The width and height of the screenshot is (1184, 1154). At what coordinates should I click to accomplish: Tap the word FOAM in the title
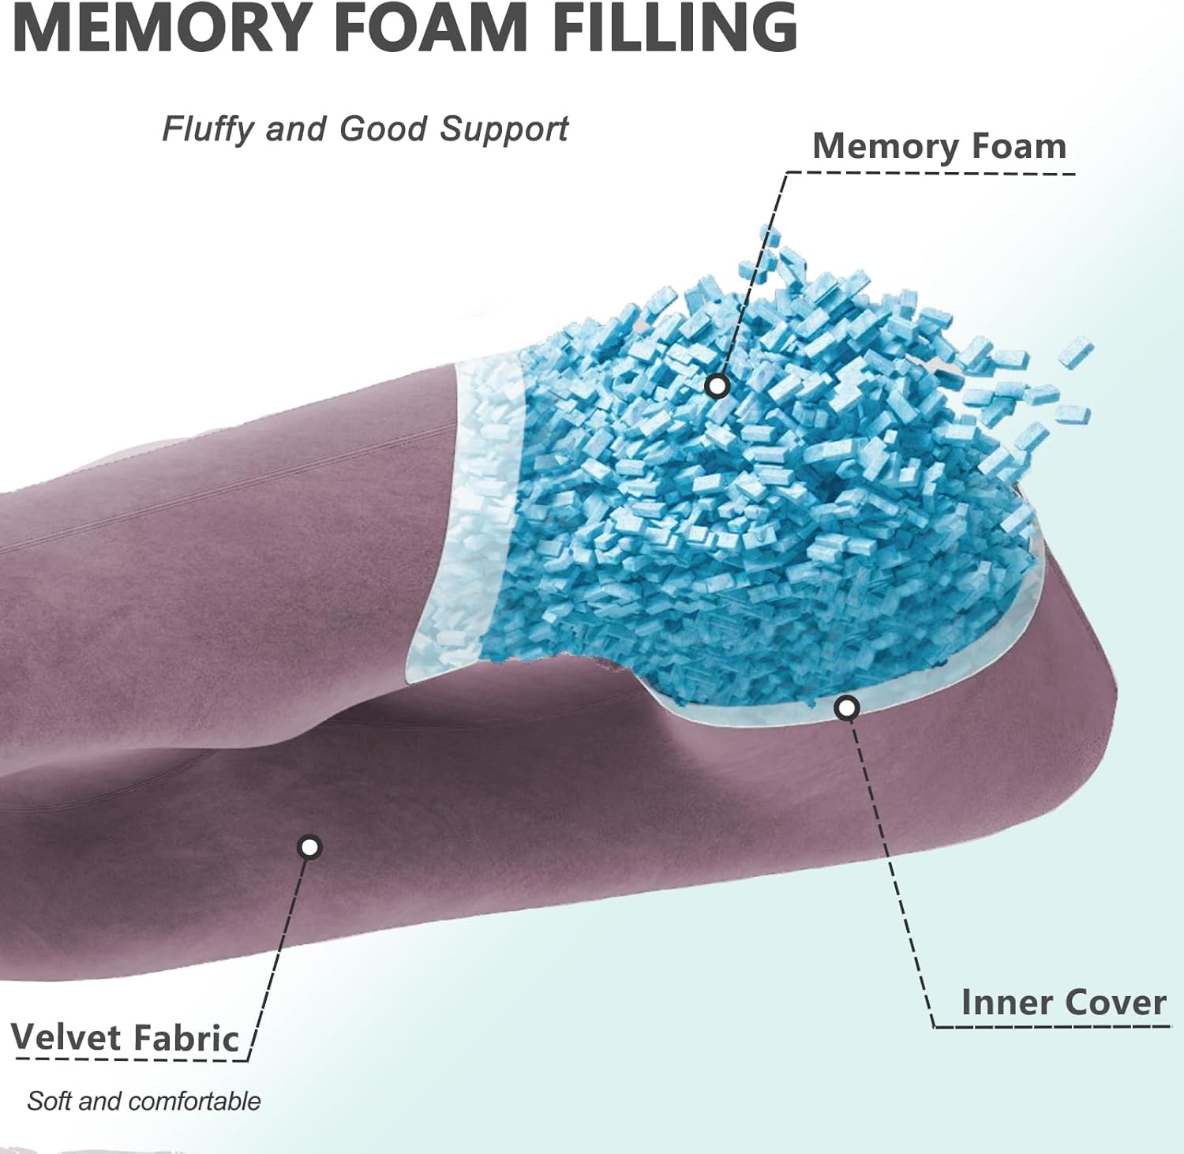pos(431,28)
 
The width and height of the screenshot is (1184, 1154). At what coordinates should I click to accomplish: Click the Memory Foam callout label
pos(939,146)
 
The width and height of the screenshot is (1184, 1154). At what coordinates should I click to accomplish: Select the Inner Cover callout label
pos(1063,1002)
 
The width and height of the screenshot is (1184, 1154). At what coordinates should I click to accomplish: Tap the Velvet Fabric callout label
pos(125,1037)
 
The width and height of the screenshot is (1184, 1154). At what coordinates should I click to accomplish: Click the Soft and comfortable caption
pos(144,1100)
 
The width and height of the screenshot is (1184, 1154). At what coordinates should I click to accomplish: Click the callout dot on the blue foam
pos(718,386)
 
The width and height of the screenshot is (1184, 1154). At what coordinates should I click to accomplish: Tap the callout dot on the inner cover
pos(847,708)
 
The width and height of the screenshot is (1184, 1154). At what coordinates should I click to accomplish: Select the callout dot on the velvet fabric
pos(310,848)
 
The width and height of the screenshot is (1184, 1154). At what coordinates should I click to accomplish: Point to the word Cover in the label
pos(1115,1002)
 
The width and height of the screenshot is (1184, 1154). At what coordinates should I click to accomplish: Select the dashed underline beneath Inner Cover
pos(1052,1026)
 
